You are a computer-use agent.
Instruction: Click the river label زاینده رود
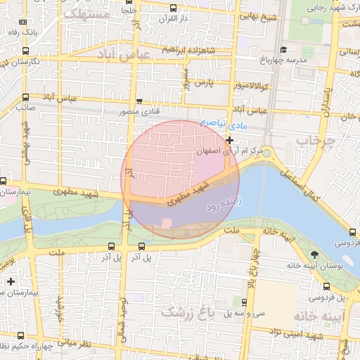224,205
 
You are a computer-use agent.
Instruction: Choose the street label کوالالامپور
255,86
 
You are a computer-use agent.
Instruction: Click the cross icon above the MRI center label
229,140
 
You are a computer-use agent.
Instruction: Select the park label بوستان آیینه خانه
313,266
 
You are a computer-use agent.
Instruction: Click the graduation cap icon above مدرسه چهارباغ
283,49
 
